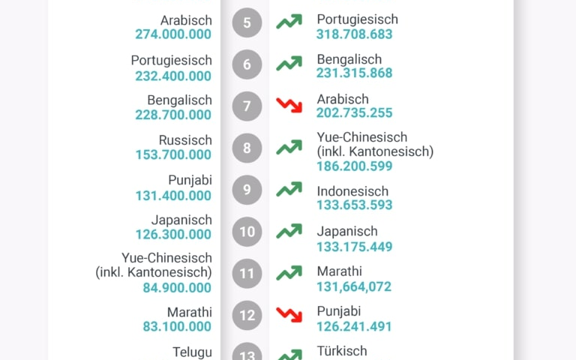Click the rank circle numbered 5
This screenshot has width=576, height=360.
click(x=247, y=22)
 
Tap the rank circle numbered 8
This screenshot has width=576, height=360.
click(x=247, y=148)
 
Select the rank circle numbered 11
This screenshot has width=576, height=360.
click(x=247, y=274)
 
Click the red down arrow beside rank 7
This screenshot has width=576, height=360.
click(x=289, y=105)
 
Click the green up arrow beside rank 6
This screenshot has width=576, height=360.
click(x=289, y=64)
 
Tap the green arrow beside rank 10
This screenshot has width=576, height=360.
click(x=289, y=231)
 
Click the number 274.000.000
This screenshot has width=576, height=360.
click(x=173, y=34)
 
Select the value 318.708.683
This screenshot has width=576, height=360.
click(x=355, y=34)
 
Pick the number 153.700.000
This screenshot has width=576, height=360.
click(x=173, y=155)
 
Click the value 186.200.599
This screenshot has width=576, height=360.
click(x=355, y=166)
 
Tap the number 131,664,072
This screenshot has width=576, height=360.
click(x=354, y=286)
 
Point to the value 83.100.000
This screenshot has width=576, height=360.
click(x=177, y=327)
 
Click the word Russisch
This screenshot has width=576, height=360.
click(x=185, y=140)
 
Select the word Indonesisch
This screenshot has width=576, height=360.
click(x=352, y=191)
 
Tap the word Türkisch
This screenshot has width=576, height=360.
click(x=342, y=351)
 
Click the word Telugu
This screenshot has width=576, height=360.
click(x=192, y=352)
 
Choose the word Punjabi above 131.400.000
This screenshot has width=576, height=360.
click(x=190, y=181)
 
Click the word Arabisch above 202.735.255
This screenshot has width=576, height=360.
click(x=343, y=99)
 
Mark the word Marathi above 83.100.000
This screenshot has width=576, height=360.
click(x=190, y=312)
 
